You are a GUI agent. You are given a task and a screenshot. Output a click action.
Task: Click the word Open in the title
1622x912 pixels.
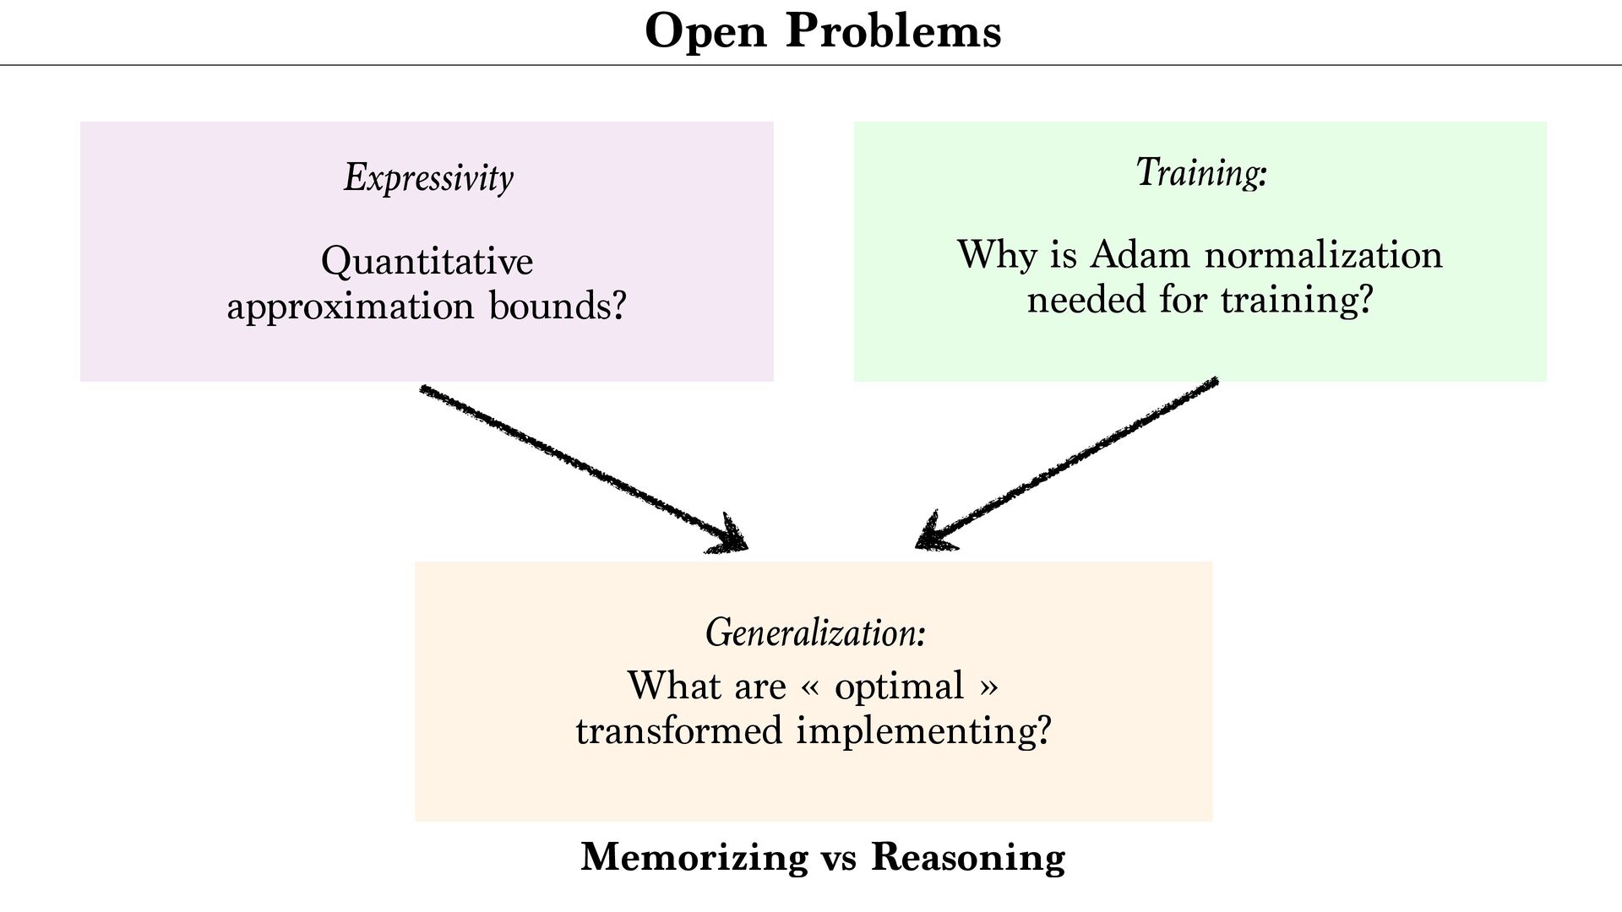705,32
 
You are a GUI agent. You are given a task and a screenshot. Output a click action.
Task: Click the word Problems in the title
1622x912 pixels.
894,32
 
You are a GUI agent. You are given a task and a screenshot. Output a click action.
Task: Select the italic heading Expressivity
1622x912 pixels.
428,177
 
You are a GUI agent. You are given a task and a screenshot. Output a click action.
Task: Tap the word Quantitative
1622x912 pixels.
427,261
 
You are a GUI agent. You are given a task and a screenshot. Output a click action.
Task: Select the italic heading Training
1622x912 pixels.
1200,172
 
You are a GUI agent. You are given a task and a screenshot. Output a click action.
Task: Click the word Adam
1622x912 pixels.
1140,254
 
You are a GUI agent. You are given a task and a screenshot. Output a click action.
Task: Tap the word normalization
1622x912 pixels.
1323,254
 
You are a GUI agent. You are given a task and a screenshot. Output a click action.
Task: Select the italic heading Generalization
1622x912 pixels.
815,632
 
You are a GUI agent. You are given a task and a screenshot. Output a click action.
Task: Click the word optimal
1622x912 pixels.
899,686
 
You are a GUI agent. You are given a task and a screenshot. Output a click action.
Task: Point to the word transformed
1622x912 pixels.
679,730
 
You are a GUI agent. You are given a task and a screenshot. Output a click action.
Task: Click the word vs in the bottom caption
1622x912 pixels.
839,858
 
